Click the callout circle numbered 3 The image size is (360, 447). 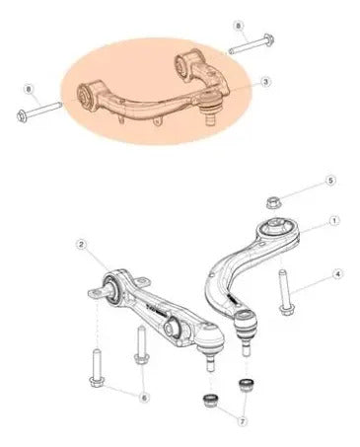265,82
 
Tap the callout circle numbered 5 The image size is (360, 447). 330,181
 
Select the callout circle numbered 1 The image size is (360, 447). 334,221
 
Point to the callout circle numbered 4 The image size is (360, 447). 337,273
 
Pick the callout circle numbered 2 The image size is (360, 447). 81,245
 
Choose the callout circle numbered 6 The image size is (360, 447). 144,398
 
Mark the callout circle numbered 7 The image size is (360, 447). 242,421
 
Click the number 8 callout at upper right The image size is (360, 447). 239,26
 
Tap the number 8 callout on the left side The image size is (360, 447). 29,89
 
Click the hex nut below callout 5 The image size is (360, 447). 274,202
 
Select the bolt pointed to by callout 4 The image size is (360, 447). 285,292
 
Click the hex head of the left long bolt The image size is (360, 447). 23,116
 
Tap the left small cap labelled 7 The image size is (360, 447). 209,401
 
